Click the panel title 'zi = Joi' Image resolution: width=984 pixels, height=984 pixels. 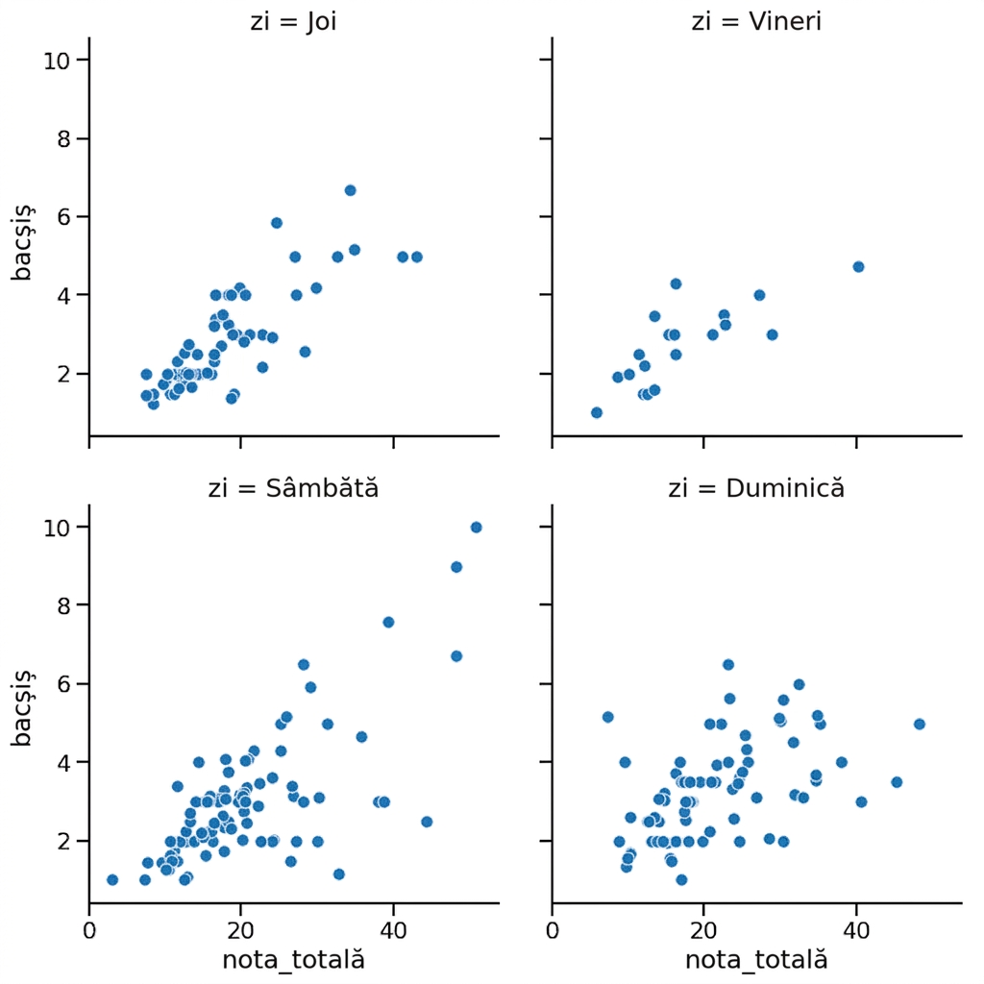click(x=293, y=22)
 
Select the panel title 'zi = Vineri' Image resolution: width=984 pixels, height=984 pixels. click(x=756, y=21)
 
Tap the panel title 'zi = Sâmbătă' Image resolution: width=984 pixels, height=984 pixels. click(x=293, y=488)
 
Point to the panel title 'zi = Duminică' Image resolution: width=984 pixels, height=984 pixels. click(x=756, y=488)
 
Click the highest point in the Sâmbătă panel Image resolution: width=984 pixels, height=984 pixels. click(x=476, y=528)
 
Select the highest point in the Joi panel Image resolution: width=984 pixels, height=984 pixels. click(x=350, y=190)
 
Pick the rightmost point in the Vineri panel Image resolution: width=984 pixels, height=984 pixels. click(x=858, y=267)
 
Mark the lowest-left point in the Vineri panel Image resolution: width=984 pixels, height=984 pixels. click(x=596, y=412)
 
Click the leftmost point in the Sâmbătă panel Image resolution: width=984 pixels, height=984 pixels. click(x=112, y=880)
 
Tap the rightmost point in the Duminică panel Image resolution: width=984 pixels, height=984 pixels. click(x=920, y=725)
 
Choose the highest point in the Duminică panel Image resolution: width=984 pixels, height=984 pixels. click(x=728, y=665)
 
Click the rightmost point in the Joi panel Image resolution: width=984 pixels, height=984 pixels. click(x=417, y=257)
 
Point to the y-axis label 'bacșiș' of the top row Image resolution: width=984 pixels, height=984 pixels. click(x=23, y=243)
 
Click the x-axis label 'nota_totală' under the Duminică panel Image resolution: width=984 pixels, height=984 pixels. click(x=756, y=960)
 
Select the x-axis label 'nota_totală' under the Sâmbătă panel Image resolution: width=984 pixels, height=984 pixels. click(x=293, y=960)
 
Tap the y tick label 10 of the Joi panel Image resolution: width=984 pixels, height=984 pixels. click(x=57, y=61)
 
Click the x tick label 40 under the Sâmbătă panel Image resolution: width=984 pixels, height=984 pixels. click(x=393, y=930)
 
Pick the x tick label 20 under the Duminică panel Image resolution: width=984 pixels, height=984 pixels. click(x=704, y=930)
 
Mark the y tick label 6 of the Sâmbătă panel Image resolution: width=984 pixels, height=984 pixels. click(x=64, y=684)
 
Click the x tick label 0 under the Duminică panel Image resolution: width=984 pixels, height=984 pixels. click(x=553, y=930)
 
